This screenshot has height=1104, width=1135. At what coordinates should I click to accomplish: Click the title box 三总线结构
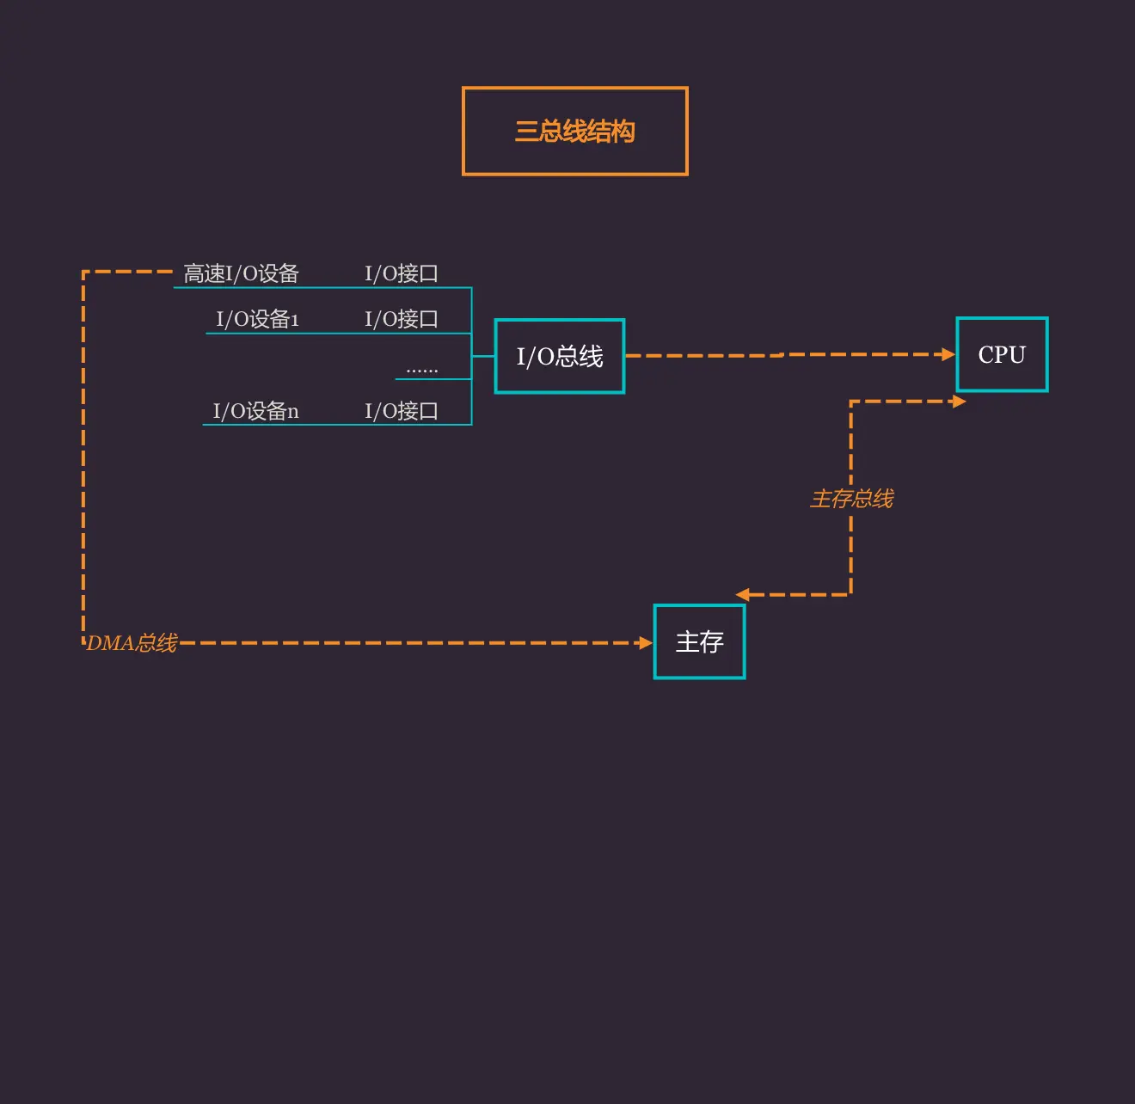574,132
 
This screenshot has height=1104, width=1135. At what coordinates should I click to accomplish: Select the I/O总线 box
560,356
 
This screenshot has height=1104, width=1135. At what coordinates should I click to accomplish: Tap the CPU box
1002,354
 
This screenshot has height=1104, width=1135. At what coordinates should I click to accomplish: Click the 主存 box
699,641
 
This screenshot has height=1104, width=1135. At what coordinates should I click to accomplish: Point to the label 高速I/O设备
241,273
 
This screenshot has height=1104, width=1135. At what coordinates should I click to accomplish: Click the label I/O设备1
257,319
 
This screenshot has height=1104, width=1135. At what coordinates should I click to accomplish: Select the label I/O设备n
255,411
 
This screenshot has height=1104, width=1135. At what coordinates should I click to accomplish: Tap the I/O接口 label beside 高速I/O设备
402,273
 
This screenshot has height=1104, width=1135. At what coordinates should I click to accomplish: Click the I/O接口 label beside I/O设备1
402,319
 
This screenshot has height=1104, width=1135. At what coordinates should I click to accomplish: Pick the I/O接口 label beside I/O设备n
402,411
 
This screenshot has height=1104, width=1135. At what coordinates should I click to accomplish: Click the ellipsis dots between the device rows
421,370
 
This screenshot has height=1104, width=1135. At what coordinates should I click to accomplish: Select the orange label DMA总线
132,643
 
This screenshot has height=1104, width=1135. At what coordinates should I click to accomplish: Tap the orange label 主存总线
851,499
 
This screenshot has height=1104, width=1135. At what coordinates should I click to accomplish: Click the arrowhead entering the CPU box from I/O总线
948,354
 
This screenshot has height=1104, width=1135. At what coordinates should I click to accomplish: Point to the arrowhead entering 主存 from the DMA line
647,642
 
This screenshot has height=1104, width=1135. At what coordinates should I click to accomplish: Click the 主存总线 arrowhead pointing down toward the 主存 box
743,595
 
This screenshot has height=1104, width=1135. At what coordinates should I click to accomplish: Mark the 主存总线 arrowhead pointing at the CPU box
960,402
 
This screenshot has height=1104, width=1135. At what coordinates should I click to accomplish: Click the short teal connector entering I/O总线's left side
483,356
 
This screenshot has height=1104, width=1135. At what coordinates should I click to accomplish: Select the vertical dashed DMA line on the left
83,456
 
